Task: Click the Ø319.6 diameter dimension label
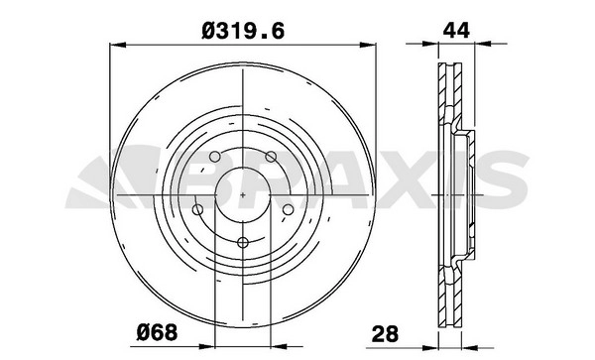point(243,31)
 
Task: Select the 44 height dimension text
point(456,31)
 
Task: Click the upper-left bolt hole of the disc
point(215,157)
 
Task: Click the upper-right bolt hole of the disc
point(271,157)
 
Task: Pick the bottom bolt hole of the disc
point(243,242)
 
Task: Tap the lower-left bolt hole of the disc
point(197,209)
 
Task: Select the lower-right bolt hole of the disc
point(288,209)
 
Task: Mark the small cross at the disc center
point(243,195)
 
